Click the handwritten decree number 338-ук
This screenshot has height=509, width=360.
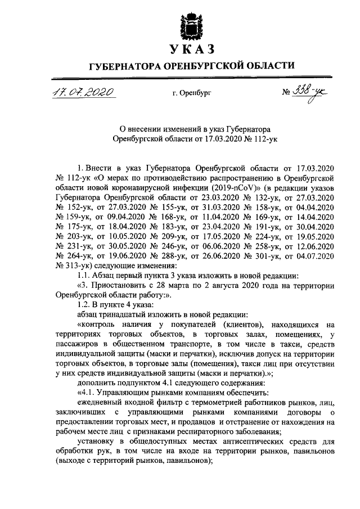click(313, 91)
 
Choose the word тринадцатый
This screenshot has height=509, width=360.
click(133, 314)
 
